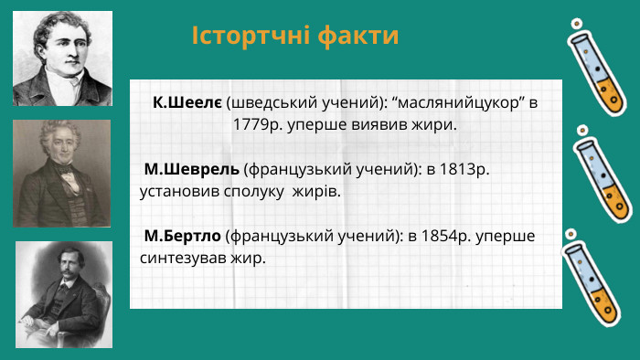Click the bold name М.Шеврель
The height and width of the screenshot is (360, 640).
192,170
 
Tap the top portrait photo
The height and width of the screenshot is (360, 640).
62,58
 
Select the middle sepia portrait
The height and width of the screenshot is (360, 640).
62,173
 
